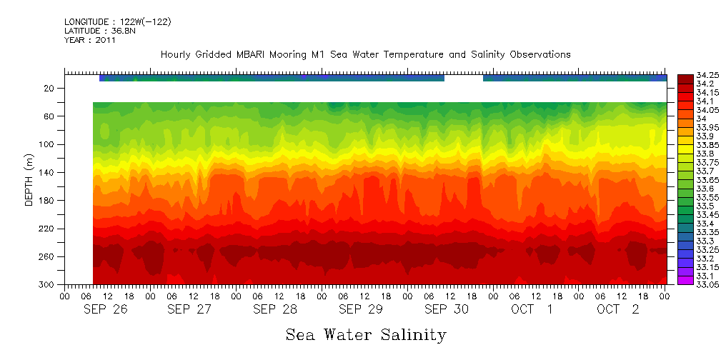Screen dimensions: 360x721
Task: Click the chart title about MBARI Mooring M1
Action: pos(365,55)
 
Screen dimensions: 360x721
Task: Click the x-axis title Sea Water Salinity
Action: pos(366,334)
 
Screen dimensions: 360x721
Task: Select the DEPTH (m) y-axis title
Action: pos(29,183)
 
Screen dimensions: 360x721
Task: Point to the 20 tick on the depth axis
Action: pos(50,89)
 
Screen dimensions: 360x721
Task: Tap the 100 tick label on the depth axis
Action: pos(48,144)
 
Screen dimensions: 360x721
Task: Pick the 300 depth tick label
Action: pos(48,284)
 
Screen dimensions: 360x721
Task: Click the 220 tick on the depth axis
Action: pos(48,229)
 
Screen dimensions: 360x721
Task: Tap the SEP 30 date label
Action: pos(447,310)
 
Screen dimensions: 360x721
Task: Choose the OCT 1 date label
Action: pos(532,310)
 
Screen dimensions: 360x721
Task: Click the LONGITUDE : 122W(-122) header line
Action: pos(117,22)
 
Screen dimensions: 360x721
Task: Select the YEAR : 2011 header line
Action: pos(89,40)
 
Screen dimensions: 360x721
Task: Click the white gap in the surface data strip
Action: pos(464,78)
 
